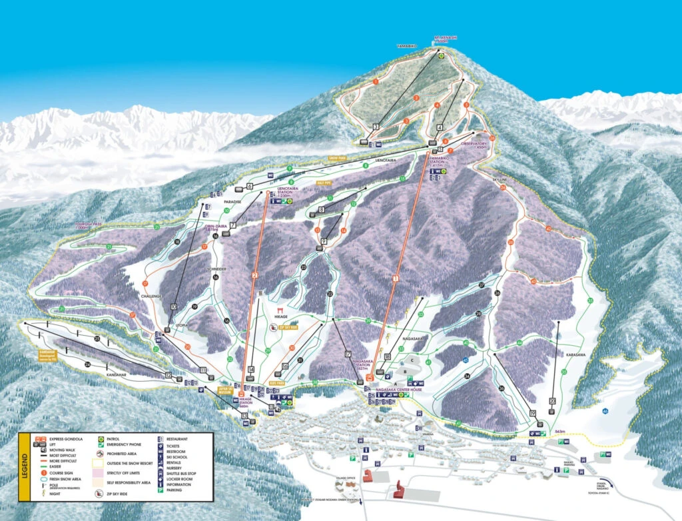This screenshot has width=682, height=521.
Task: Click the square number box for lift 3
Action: [x=376, y=127]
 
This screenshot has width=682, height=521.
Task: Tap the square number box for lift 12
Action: [x=169, y=375]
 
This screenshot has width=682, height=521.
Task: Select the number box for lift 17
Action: [x=348, y=353]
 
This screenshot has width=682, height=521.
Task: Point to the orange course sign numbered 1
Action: [x=376, y=81]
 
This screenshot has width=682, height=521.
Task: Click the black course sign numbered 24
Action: [x=87, y=364]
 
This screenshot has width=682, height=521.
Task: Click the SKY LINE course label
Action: [x=500, y=180]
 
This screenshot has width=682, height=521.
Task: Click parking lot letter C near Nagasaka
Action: [x=412, y=360]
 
